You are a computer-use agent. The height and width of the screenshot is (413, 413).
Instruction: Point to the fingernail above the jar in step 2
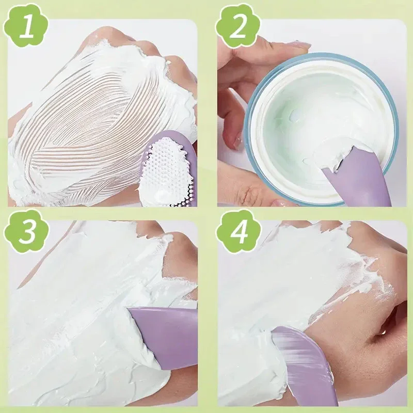click(297, 45)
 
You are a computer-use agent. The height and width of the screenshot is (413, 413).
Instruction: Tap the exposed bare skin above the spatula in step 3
click(178, 268)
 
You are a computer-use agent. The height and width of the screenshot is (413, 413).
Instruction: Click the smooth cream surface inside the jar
click(310, 108)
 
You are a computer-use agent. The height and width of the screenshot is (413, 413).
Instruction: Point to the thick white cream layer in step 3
click(77, 310)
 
